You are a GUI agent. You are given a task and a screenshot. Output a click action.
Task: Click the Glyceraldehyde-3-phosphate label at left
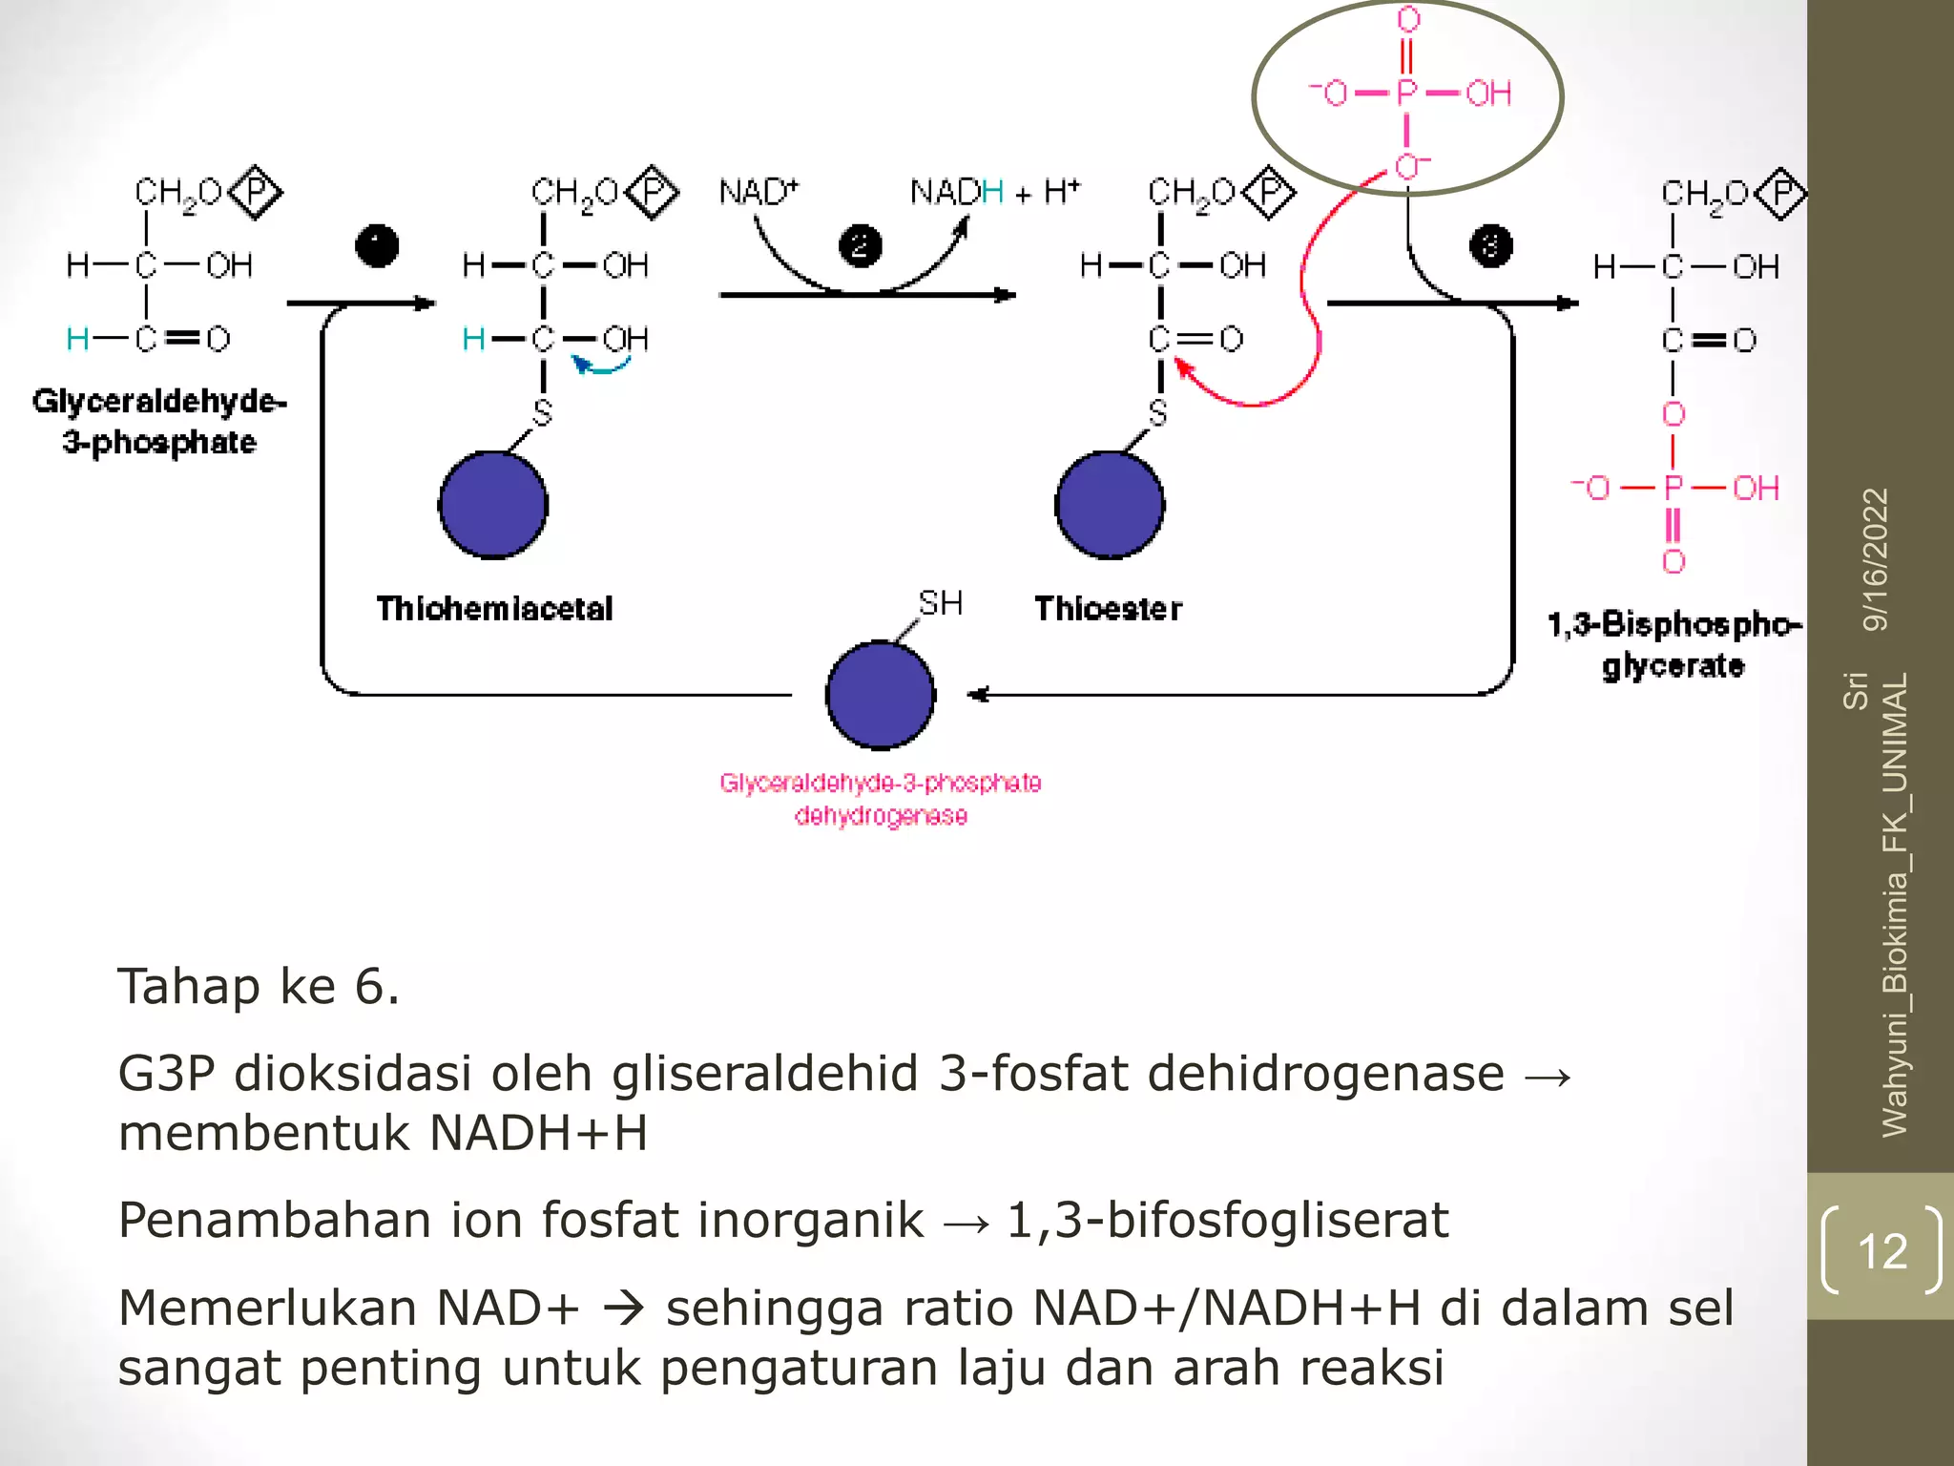(159, 421)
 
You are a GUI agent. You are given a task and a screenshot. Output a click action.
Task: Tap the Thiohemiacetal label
(494, 609)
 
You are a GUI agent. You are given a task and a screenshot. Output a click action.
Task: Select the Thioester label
(1108, 609)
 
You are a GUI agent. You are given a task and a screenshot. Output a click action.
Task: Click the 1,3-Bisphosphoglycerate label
(1673, 644)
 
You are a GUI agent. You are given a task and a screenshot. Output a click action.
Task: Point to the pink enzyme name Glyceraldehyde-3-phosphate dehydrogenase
(880, 799)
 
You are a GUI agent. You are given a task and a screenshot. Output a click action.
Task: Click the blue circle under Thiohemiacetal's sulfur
(493, 505)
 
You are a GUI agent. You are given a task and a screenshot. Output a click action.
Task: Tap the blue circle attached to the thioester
(1110, 505)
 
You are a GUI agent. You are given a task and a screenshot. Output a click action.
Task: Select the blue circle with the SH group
(880, 695)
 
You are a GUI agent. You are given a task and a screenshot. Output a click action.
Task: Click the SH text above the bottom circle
(940, 603)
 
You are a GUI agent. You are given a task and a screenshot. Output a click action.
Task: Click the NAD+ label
(758, 192)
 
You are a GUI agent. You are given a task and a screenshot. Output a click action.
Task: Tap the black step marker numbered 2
(860, 246)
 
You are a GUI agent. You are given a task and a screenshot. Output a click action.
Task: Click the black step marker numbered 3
(1490, 246)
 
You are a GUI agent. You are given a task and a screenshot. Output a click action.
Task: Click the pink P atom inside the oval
(1407, 94)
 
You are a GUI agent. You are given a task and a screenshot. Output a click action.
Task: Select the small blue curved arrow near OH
(599, 366)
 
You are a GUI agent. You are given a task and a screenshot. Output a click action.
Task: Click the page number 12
(1881, 1250)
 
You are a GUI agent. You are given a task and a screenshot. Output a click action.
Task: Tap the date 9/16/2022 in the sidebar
(1876, 559)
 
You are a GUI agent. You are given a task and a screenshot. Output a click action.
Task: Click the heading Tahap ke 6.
(259, 986)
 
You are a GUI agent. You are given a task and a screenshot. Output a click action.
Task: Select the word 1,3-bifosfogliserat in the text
(1227, 1220)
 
